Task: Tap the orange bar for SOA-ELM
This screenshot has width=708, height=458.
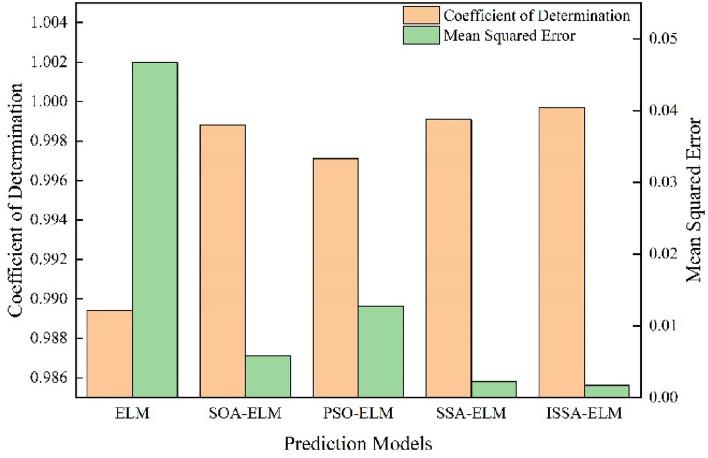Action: tap(222, 261)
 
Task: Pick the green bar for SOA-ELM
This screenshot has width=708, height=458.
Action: tap(268, 376)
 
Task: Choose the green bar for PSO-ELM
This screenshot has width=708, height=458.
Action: tap(381, 351)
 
